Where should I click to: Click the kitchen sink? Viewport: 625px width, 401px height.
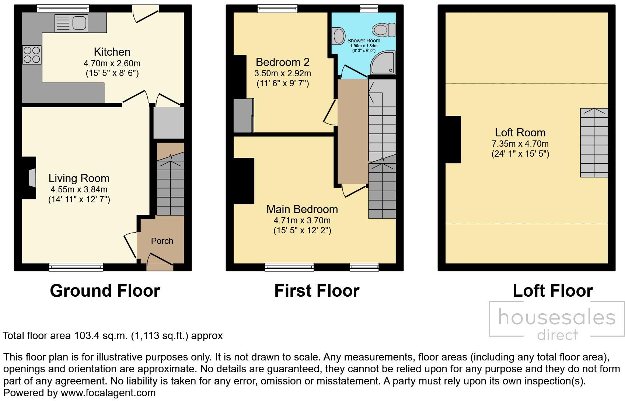71,23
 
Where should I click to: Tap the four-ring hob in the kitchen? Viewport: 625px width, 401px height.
32,55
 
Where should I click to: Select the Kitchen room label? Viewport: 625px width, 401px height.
112,52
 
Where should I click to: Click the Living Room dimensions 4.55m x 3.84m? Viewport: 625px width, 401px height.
79,189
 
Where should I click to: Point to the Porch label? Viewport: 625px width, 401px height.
162,241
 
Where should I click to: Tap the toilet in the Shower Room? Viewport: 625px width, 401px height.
384,29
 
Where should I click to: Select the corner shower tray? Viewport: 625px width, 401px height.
383,63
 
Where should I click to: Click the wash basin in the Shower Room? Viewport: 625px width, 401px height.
338,36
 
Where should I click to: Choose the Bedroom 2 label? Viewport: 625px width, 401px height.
283,62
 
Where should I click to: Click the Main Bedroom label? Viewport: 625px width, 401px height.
302,209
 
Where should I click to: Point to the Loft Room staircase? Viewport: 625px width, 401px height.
594,143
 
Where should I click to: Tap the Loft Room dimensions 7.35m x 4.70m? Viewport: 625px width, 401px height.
520,144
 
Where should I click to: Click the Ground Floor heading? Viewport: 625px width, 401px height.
105,291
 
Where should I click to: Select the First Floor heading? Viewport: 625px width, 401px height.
317,291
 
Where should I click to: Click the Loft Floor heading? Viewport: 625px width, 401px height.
553,291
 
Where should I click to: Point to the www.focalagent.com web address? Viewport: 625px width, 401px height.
108,393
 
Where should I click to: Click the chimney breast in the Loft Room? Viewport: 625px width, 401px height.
453,139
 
